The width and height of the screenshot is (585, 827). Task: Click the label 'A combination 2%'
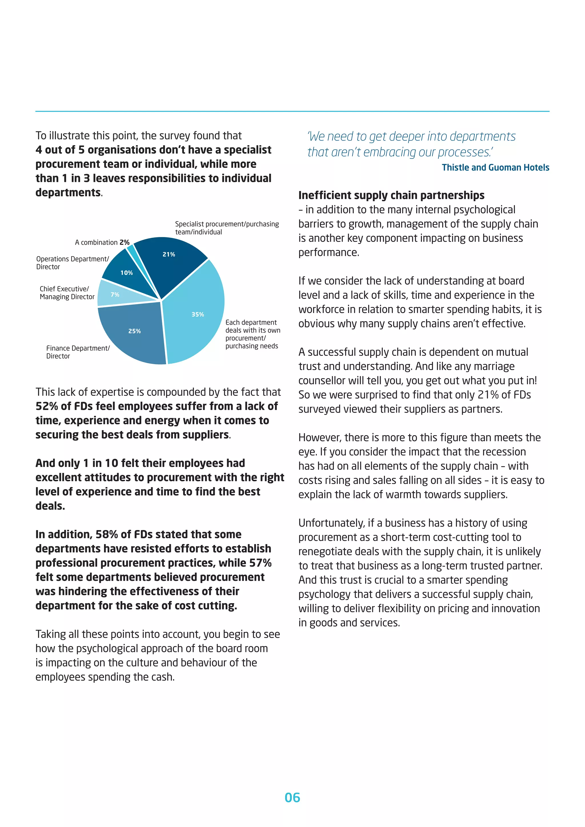(102, 242)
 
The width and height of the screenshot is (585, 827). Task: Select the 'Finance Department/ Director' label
(77, 352)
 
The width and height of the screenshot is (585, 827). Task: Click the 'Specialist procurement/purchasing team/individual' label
(227, 228)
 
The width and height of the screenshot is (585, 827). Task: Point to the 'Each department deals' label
(252, 334)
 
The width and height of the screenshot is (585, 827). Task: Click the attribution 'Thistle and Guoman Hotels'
(495, 168)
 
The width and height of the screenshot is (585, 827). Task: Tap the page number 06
(292, 798)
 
